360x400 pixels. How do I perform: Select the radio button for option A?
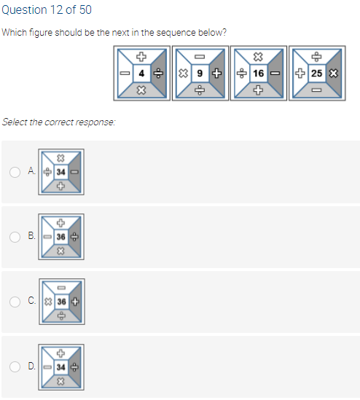(15, 172)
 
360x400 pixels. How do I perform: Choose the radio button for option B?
(15, 237)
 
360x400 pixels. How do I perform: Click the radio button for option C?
(15, 302)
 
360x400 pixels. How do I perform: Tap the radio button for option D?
(15, 366)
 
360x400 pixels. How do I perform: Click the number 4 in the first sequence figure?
(141, 74)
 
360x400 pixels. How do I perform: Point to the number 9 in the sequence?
(200, 74)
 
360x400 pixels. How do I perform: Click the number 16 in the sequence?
(258, 74)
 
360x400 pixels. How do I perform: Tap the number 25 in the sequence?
(316, 74)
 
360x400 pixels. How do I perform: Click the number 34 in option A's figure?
(61, 172)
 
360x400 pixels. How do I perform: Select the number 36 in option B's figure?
(61, 237)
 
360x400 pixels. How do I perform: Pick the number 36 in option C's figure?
(62, 302)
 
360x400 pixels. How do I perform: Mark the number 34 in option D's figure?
(61, 367)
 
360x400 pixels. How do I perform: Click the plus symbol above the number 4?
(141, 56)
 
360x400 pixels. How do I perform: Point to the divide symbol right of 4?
(158, 74)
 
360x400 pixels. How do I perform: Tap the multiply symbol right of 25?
(334, 74)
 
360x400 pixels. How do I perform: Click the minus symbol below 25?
(316, 90)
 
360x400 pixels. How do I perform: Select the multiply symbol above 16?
(258, 57)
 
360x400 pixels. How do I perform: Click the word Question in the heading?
(25, 10)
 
